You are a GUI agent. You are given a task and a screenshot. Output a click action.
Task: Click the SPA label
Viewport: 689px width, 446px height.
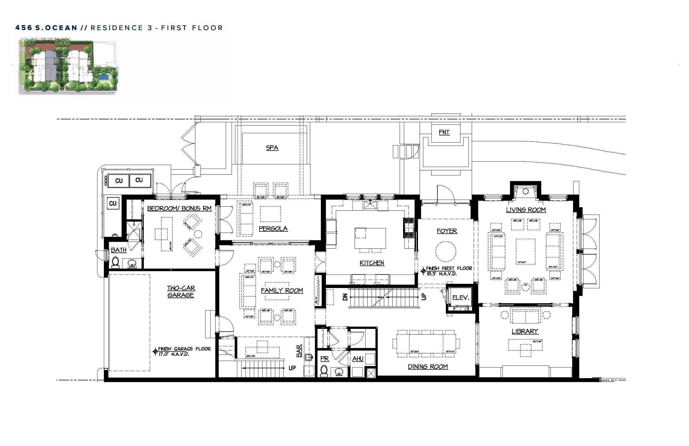click(272, 148)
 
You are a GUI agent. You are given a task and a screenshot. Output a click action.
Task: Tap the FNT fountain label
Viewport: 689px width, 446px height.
click(444, 132)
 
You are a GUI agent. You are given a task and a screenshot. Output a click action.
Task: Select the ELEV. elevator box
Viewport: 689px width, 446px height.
click(460, 297)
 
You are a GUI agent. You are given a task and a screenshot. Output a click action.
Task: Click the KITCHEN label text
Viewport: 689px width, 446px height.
click(372, 263)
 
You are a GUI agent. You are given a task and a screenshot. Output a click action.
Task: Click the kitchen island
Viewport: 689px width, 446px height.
click(370, 238)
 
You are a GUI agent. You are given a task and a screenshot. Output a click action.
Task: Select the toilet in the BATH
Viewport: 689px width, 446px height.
click(115, 262)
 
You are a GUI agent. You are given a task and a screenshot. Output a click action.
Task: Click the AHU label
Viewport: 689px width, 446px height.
click(357, 358)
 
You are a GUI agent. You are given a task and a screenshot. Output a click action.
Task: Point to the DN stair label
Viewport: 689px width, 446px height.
click(345, 297)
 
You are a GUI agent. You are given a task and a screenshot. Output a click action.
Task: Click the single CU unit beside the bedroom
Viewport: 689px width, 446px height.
click(113, 203)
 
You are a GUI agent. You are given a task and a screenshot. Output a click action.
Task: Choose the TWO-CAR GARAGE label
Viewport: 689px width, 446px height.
click(181, 291)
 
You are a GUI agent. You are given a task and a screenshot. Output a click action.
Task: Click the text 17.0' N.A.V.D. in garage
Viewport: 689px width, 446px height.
click(174, 354)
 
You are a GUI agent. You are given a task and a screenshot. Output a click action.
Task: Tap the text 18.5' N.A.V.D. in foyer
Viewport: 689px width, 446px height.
click(442, 274)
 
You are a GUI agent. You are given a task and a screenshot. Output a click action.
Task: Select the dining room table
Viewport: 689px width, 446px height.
click(426, 343)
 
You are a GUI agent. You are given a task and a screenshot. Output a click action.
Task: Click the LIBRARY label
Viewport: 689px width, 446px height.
click(525, 331)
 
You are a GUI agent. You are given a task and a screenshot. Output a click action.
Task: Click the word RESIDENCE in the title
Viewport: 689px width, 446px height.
click(117, 28)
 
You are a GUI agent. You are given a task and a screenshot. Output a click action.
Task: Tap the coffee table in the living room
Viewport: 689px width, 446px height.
click(525, 251)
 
